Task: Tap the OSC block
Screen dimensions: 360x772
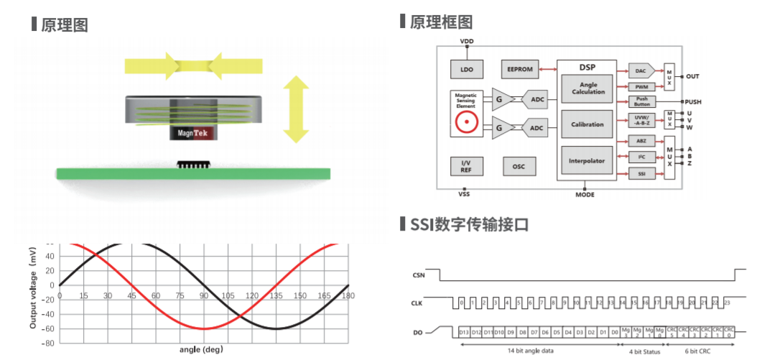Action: [x=518, y=166]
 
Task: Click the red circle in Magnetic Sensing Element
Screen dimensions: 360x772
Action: [x=467, y=123]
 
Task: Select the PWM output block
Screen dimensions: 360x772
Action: [x=641, y=86]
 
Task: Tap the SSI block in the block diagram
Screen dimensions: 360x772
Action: [x=641, y=174]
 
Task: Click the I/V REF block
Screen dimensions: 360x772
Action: [x=466, y=166]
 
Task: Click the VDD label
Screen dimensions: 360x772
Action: [x=467, y=42]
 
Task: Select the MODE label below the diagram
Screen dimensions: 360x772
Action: [x=585, y=195]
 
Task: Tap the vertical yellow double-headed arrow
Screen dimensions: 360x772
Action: [x=295, y=110]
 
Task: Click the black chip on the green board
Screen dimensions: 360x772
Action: [x=192, y=165]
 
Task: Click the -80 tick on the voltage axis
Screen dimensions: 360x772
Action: [x=48, y=343]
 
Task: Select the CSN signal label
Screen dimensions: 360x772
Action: [x=419, y=275]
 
